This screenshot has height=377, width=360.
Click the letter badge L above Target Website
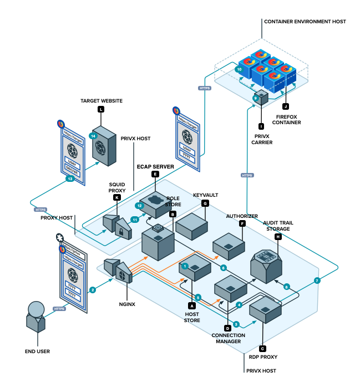[100, 110]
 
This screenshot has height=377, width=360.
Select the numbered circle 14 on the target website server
[93, 135]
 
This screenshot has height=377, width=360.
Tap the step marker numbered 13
[70, 179]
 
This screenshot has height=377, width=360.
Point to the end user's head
[36, 308]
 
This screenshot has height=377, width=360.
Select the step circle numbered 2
[93, 289]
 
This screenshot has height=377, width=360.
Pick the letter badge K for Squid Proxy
[116, 197]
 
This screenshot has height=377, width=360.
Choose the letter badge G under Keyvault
[205, 203]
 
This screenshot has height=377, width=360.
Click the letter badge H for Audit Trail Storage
[278, 237]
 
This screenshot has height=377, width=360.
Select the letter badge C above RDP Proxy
[262, 349]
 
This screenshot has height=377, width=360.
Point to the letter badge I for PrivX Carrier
[261, 126]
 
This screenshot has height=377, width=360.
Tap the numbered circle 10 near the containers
[239, 70]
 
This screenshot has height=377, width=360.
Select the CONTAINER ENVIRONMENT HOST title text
[305, 21]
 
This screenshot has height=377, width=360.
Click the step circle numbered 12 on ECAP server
[140, 206]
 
